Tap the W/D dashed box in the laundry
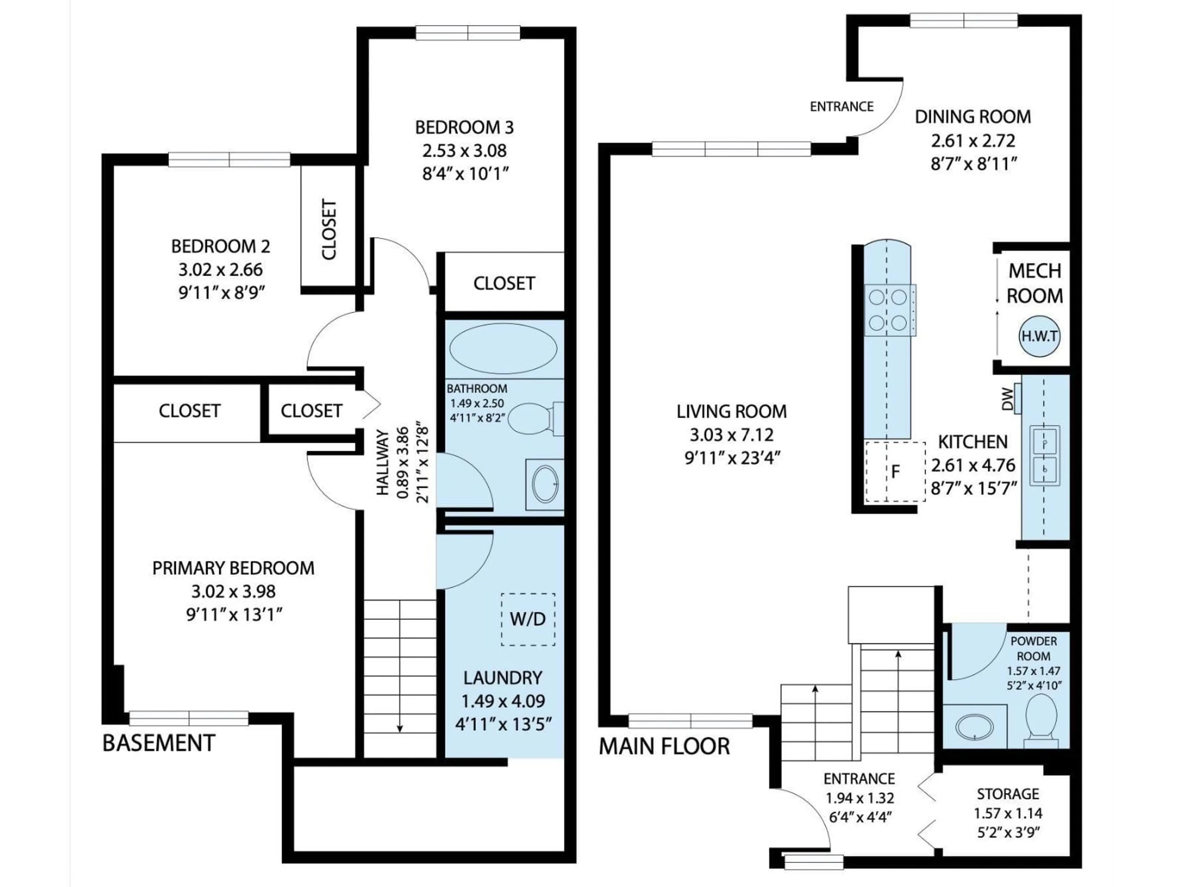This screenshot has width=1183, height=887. coord(527,619)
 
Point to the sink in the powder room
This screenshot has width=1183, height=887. coord(974,727)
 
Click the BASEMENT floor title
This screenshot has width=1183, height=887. coord(159,743)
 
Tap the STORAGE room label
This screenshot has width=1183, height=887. coord(1008,794)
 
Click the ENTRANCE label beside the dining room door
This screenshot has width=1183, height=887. coord(841,107)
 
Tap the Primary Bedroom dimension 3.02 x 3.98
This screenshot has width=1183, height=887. coord(233,591)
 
